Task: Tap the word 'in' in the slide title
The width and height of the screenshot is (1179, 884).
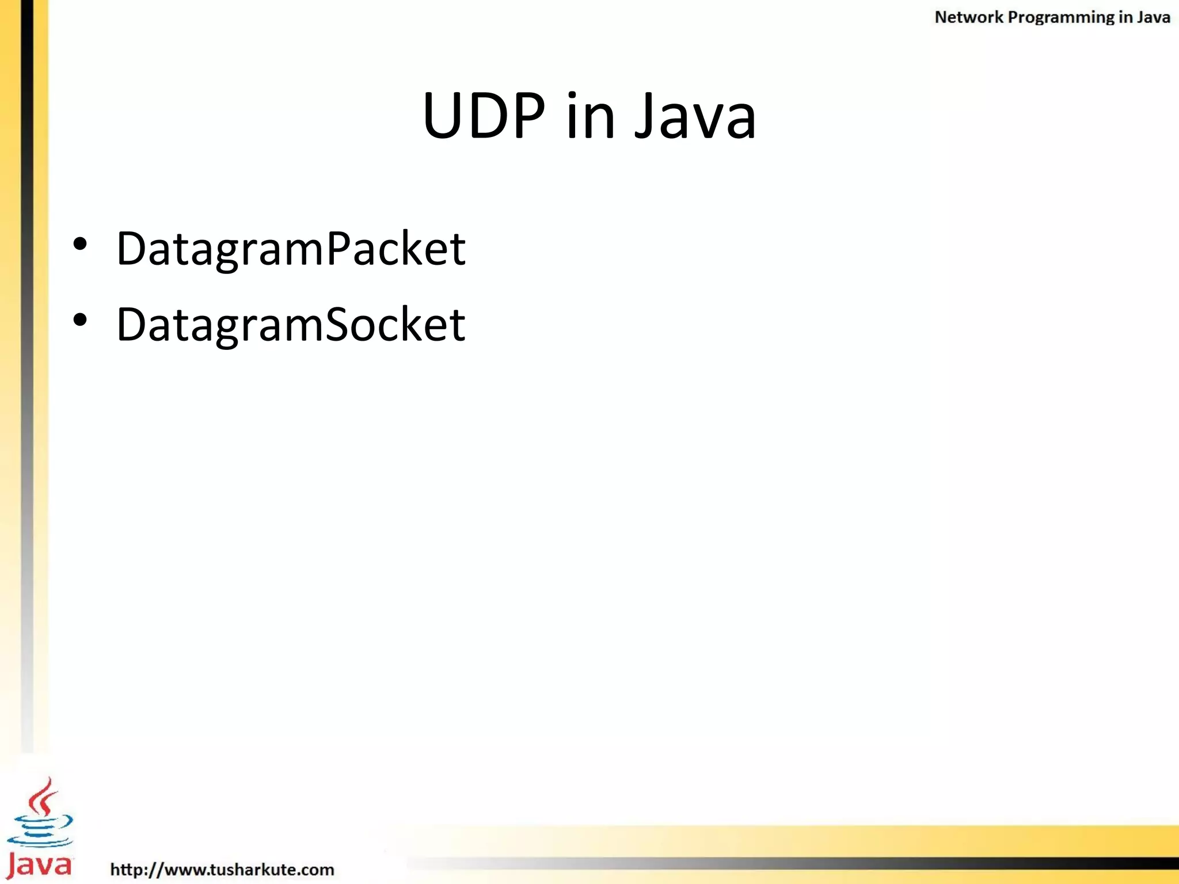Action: tap(590, 117)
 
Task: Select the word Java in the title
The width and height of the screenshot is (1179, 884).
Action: tap(695, 117)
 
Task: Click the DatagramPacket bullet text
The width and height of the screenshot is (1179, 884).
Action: tap(291, 249)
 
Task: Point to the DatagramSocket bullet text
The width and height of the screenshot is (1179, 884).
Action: tap(291, 325)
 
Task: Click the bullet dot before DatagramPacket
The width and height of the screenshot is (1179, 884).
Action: tap(80, 244)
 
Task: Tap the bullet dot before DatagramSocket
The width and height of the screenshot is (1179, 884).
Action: tap(80, 320)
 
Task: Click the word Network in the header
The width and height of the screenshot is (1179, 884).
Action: tap(968, 17)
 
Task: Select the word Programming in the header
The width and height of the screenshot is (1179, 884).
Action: tap(1061, 18)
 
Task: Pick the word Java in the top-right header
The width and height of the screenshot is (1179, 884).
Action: tap(1153, 17)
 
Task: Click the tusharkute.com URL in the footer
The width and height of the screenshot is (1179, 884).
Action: tap(222, 869)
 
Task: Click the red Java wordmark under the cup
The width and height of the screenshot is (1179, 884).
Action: tap(39, 865)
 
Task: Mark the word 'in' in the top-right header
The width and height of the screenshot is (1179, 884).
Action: tap(1125, 17)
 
